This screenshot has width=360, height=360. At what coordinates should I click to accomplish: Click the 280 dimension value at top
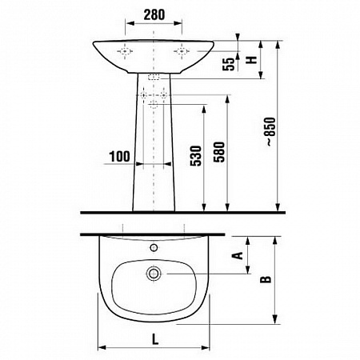[154, 14]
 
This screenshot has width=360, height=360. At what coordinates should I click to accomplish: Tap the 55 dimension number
[229, 64]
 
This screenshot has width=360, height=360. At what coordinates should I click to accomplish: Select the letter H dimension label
[251, 59]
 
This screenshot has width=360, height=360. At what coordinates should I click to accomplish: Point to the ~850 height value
[270, 132]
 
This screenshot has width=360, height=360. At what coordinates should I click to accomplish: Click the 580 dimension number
[219, 152]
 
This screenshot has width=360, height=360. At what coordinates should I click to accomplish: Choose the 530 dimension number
[196, 156]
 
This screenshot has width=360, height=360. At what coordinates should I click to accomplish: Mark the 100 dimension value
[119, 157]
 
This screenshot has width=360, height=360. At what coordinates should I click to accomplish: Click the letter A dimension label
[238, 255]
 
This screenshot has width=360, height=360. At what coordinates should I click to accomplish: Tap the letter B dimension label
[266, 279]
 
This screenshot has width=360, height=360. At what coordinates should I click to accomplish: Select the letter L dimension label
[155, 339]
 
